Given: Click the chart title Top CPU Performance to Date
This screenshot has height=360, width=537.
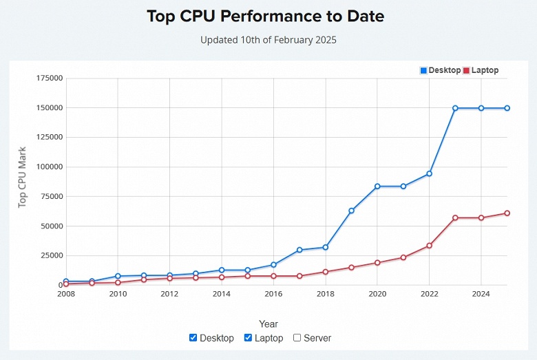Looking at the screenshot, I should (268, 17).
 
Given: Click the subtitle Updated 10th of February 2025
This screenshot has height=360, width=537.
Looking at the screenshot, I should (268, 40).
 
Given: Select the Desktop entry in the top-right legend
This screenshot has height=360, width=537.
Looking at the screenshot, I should (440, 70).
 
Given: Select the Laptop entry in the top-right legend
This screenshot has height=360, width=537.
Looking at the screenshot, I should (481, 70).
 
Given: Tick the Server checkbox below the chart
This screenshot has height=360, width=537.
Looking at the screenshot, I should (297, 338).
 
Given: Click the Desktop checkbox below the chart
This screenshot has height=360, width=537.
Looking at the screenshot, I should (193, 338).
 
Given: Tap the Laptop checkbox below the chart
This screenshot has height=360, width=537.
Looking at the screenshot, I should (249, 338).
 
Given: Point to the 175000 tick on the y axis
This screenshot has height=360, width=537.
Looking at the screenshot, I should (48, 78).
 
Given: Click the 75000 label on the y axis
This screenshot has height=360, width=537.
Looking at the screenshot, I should (50, 196).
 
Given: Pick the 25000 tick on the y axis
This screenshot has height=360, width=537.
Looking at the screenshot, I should (50, 255).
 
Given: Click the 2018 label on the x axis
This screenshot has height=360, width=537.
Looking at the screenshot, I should (326, 294).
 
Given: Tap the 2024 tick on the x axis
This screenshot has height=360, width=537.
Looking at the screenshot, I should (481, 294).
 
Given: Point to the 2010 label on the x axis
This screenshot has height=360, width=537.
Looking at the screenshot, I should (118, 294).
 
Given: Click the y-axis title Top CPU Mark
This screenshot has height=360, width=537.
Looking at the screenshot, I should (23, 177).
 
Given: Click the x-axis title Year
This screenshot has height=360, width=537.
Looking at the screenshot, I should (268, 324).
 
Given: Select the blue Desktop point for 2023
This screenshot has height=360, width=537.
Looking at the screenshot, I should (455, 108).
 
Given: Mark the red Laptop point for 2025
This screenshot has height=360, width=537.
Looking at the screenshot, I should (507, 213).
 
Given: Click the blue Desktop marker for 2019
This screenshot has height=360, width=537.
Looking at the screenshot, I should (351, 211).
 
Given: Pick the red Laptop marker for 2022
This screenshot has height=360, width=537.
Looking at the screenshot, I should (429, 246).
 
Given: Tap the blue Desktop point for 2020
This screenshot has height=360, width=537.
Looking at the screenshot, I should (377, 187).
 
